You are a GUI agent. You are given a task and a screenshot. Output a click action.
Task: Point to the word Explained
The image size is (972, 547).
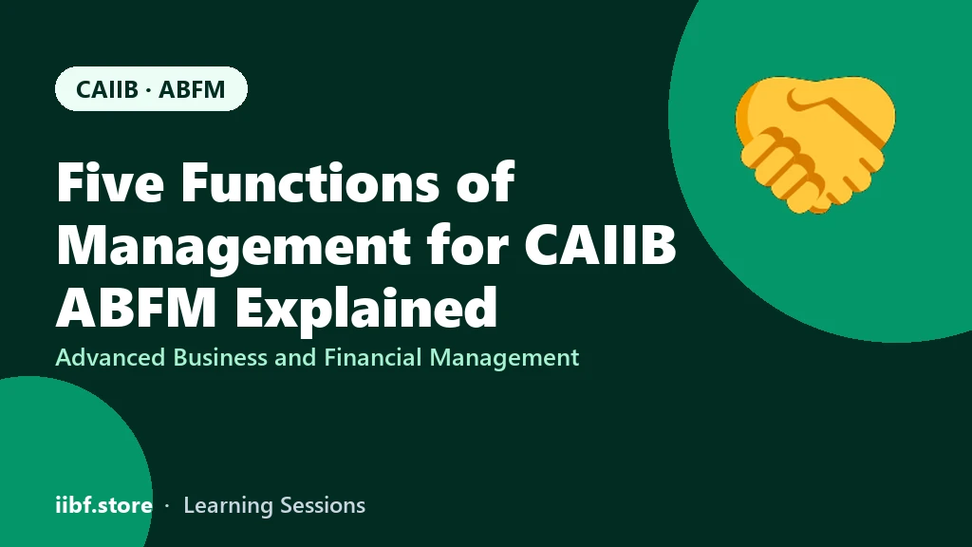coord(365,309)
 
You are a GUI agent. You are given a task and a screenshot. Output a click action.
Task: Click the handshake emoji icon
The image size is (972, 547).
coord(815,144)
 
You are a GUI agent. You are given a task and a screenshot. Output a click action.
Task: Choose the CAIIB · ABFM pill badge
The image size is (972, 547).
coord(151,88)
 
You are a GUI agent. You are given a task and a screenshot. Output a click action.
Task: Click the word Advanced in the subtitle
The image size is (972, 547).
coord(110,357)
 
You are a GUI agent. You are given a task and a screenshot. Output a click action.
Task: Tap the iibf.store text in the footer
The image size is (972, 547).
coord(103,505)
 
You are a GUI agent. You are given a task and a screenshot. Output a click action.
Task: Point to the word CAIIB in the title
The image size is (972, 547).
coord(600,245)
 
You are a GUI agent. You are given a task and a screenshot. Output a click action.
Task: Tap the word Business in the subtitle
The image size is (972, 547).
coord(219,357)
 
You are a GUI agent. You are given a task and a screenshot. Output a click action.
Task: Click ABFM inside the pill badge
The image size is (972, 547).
coord(192,89)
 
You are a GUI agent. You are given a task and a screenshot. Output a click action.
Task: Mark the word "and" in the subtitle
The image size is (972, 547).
coord(295,357)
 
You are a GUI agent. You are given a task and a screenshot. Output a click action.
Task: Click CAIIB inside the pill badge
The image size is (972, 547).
coord(106,89)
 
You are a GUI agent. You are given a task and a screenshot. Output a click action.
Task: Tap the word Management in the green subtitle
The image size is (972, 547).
coord(504,358)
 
